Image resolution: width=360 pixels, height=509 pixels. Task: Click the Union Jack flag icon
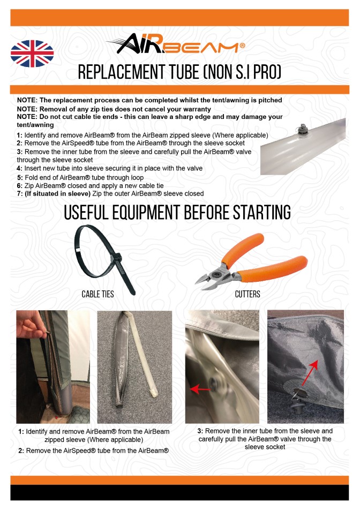pyautogui.click(x=32, y=54)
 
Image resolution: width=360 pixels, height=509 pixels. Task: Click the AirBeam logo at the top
pyautogui.click(x=177, y=44)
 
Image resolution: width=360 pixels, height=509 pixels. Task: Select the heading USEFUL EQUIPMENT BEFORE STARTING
pyautogui.click(x=177, y=212)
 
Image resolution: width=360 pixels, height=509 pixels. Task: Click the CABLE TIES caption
pyautogui.click(x=97, y=294)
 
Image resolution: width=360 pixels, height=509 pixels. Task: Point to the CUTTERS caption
pyautogui.click(x=247, y=294)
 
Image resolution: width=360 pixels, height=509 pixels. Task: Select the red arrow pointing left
pyautogui.click(x=200, y=388)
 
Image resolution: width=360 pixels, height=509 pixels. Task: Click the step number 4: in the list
pyautogui.click(x=20, y=168)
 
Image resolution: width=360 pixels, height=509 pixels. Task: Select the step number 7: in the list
pyautogui.click(x=20, y=194)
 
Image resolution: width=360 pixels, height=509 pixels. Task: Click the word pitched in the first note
pyautogui.click(x=270, y=100)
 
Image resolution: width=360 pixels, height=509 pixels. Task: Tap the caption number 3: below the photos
pyautogui.click(x=200, y=431)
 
